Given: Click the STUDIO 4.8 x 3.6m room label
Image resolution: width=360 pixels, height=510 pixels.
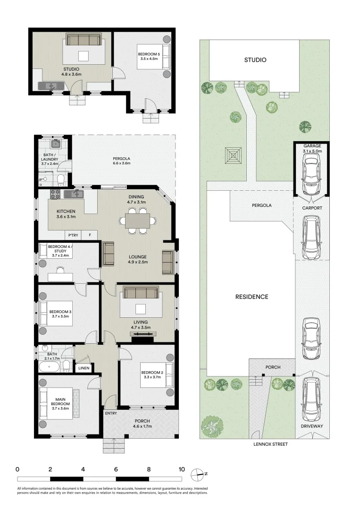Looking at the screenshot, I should point(72,71).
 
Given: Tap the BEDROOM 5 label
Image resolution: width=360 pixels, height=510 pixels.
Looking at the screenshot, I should point(149,57).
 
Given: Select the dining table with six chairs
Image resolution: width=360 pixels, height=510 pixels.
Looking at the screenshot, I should point(138,221).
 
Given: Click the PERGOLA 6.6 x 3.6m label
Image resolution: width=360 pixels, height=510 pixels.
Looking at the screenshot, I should point(122,161).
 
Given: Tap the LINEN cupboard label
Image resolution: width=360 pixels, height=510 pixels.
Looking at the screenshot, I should point(84,368).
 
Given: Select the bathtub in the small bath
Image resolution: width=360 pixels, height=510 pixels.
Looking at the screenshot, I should point(50,367).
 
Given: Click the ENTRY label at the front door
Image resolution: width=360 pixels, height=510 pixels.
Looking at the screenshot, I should point(111,413).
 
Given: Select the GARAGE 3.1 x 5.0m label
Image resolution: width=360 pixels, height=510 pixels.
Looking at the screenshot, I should point(312,149).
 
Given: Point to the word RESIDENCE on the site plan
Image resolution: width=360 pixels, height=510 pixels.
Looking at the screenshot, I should point(252,297).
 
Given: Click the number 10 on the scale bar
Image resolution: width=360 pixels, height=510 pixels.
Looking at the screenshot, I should point(182,469).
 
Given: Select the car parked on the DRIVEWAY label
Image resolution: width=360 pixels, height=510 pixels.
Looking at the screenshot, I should point(311,400).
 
